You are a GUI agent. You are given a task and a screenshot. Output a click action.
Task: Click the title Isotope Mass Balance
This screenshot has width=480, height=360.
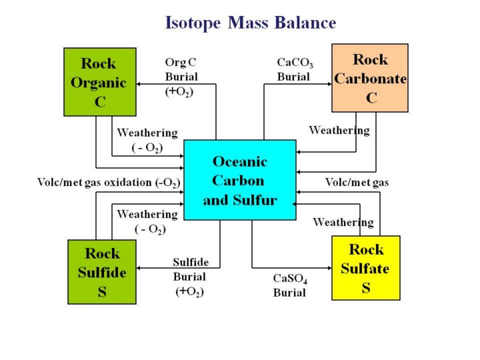tap(250, 23)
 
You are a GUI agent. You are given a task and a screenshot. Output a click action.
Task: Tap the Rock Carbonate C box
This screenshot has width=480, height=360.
tap(370, 78)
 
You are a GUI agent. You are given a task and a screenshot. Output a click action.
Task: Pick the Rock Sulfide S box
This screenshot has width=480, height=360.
tap(102, 272)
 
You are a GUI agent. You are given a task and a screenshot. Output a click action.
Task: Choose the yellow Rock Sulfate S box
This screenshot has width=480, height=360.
tap(366, 268)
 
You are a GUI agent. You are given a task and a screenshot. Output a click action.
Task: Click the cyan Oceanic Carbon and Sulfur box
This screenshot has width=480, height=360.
tap(239, 180)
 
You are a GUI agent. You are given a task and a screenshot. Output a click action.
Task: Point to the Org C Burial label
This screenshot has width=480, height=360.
tap(181, 77)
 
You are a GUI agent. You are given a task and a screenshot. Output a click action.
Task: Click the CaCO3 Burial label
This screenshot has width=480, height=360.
tap(295, 69)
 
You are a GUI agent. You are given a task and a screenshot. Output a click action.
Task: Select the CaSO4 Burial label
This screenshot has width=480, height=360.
tap(290, 285)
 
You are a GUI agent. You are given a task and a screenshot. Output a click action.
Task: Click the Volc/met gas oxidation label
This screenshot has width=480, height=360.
tap(108, 183)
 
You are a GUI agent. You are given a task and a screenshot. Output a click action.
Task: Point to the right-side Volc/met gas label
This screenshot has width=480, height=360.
tap(357, 182)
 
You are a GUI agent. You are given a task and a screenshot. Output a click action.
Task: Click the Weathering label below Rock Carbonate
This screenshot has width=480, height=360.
tap(339, 131)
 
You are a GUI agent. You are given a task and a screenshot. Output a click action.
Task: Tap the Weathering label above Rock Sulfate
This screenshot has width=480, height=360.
tap(343, 221)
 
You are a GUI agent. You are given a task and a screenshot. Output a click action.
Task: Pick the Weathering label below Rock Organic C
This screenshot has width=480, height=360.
tap(147, 139)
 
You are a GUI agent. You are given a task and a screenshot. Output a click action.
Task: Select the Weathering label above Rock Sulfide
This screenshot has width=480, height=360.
tap(147, 221)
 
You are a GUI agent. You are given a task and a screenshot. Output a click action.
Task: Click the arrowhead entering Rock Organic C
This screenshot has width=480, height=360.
tap(139, 85)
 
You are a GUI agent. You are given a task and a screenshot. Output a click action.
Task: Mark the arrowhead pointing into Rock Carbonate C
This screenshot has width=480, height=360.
tap(329, 85)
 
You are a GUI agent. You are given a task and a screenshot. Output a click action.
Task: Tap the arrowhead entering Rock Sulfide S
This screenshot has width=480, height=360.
tap(139, 268)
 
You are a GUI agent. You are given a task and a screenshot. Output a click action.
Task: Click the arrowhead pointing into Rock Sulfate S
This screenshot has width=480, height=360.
tap(329, 268)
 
